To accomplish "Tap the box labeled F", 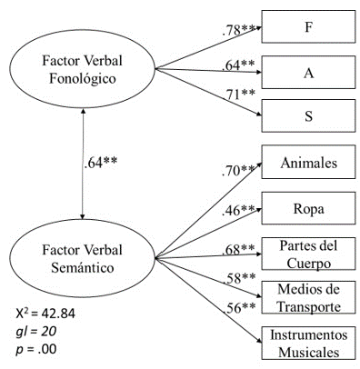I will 307,28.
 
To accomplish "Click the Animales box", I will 307,164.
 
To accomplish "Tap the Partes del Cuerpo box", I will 307,254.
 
